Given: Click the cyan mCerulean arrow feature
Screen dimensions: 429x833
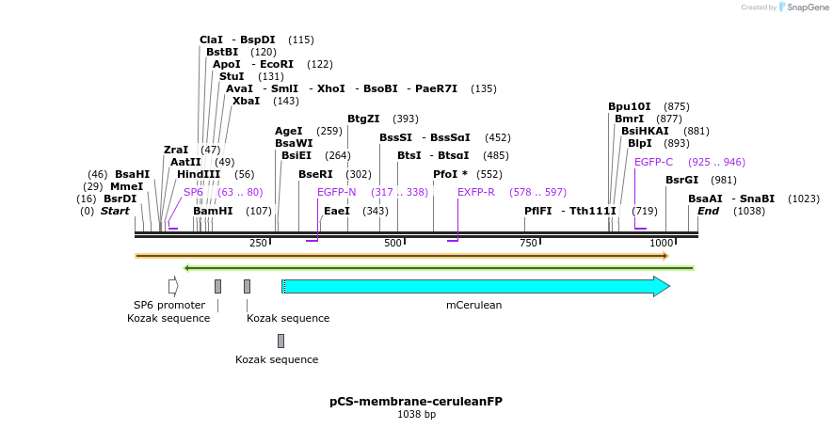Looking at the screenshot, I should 475,286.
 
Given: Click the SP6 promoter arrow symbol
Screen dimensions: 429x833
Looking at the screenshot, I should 173,286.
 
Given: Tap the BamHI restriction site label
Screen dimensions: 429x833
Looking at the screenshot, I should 213,211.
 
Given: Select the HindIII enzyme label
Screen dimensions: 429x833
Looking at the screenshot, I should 199,174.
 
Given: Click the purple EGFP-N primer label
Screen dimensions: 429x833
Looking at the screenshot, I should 336,192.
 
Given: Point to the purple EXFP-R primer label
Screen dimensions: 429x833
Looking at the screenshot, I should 476,192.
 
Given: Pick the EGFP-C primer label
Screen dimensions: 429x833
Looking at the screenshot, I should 653,162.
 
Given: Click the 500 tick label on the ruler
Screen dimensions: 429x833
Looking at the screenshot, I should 393,243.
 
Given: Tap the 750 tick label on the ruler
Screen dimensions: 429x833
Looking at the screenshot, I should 529,243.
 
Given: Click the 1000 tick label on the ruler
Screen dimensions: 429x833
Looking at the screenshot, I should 662,243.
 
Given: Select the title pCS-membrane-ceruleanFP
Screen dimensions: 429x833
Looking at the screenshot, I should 416,401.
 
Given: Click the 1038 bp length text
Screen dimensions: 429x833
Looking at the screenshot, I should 416,414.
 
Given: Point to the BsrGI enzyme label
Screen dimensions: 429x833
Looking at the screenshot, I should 681,180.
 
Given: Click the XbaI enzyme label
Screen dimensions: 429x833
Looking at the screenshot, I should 247,101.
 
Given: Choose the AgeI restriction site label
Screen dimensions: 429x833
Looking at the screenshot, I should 288,131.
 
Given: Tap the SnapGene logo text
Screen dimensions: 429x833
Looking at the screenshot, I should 804,8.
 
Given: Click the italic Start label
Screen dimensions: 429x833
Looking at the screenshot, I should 115,211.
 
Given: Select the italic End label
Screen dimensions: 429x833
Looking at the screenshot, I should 708,211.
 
